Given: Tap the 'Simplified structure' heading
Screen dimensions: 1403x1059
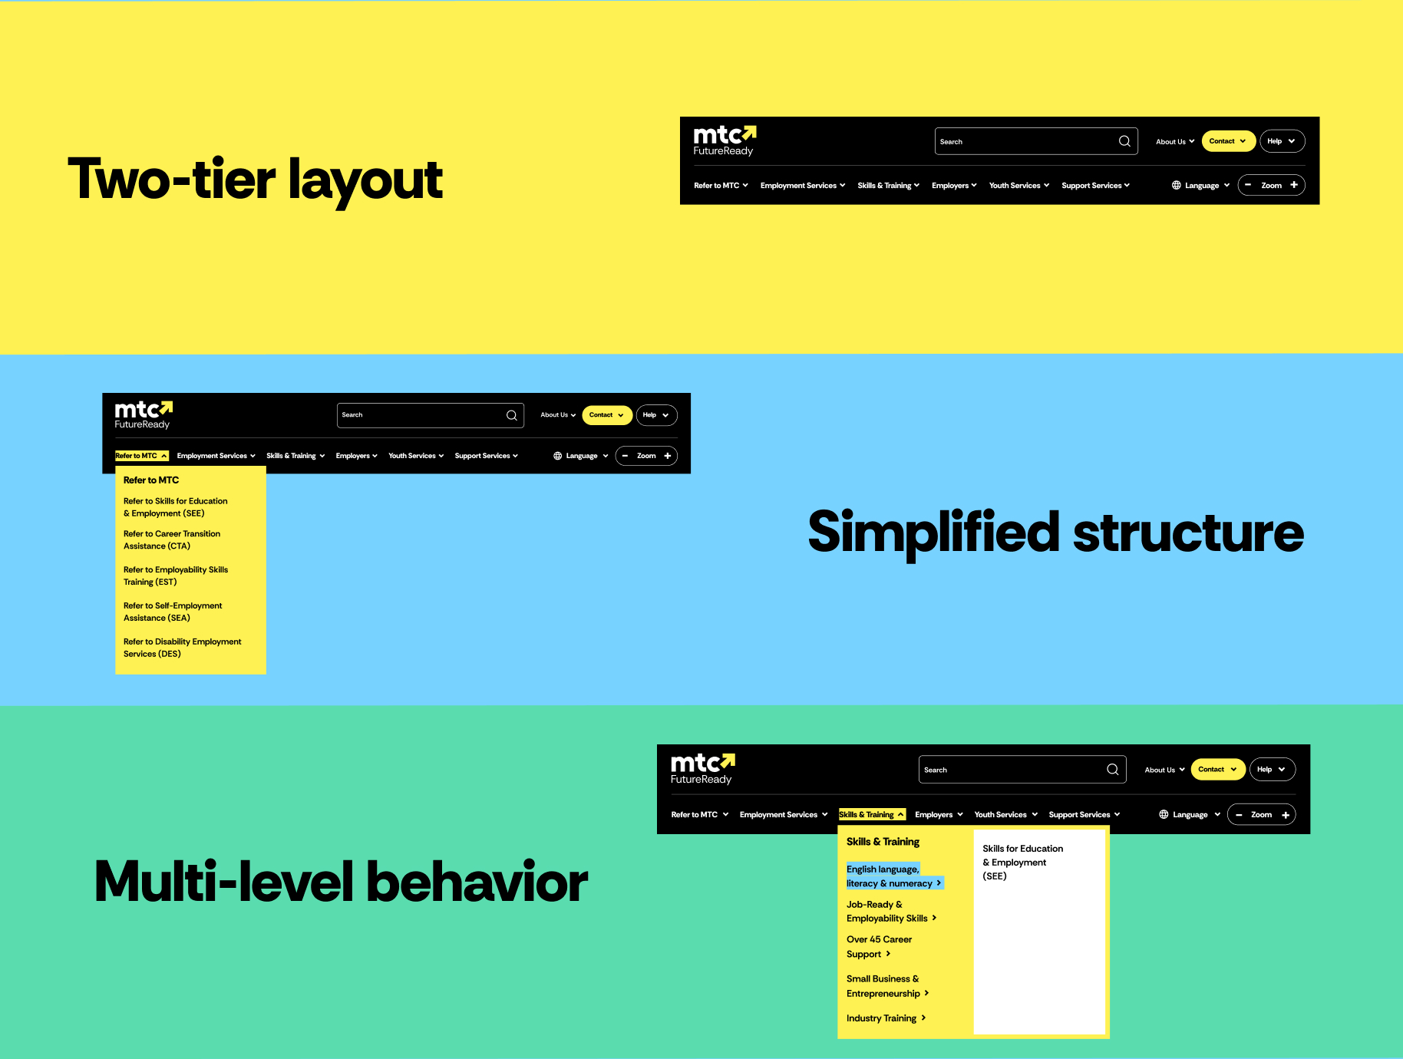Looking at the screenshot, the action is click(1056, 533).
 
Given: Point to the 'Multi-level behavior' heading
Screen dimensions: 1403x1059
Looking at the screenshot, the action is click(341, 882).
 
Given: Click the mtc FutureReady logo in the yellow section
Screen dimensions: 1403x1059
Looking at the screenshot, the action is click(725, 141).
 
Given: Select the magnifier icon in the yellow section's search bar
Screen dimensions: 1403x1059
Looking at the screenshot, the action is click(1124, 141).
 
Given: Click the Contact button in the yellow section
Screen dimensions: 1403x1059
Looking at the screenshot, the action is click(1228, 141).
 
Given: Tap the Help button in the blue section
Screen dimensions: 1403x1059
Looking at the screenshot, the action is click(656, 415).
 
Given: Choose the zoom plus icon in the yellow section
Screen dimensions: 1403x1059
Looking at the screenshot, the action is click(1294, 185).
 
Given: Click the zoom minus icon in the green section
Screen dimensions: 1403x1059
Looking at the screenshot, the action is click(1239, 815).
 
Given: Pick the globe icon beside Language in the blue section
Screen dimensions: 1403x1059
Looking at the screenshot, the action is click(558, 456).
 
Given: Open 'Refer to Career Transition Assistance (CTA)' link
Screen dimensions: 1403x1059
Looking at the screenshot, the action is click(172, 540).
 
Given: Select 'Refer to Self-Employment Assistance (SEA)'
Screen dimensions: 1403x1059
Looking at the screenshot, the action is click(173, 612).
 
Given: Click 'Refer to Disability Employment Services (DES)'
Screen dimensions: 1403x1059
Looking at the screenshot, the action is click(182, 648).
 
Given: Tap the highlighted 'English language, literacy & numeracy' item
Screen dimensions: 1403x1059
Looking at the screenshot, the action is click(893, 876).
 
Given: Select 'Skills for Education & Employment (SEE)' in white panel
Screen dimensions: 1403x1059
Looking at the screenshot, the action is click(1022, 863).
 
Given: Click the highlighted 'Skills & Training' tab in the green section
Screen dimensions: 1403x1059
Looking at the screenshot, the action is click(872, 815).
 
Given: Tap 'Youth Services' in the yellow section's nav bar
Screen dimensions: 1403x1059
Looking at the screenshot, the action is click(1018, 186).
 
